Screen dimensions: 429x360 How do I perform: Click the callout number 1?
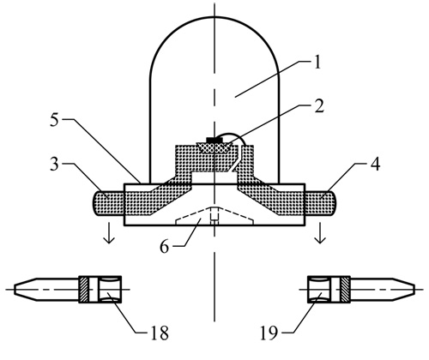(317, 62)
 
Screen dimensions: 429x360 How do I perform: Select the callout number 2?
(318, 105)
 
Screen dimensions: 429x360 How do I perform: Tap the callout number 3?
(54, 165)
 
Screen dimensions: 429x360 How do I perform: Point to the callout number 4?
(375, 164)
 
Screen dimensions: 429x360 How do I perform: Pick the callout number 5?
(54, 120)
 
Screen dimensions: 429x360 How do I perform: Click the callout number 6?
(165, 246)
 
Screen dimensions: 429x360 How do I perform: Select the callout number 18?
(160, 332)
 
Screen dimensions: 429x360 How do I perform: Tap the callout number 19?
(269, 333)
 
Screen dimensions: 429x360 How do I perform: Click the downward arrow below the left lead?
(109, 233)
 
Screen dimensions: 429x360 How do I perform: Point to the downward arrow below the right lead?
(320, 233)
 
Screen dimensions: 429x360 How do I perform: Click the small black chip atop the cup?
(214, 140)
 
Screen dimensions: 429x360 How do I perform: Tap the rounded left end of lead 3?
(94, 203)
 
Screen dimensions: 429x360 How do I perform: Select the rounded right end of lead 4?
(335, 203)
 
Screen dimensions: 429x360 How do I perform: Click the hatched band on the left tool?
(84, 289)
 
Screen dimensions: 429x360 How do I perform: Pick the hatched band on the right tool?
(345, 289)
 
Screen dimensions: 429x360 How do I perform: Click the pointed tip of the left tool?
(15, 289)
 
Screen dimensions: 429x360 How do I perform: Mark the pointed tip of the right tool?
(414, 289)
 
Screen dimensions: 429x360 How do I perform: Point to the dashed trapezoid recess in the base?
(214, 215)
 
